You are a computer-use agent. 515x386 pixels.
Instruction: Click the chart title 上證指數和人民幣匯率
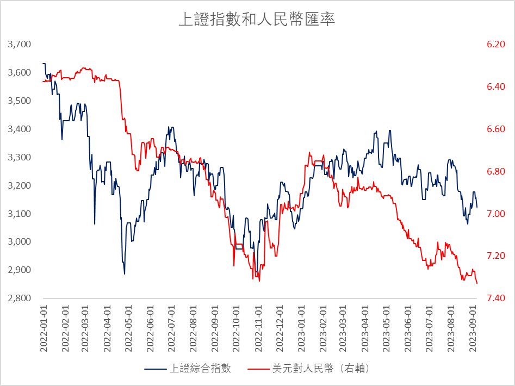257,20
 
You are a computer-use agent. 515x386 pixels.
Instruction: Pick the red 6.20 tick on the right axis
496,44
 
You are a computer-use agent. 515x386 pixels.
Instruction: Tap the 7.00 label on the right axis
496,214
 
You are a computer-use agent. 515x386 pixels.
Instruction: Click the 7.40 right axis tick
496,298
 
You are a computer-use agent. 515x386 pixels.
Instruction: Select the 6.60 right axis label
496,129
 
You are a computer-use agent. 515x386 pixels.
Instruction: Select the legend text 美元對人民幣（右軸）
321,369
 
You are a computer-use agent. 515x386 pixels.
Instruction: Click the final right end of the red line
477,283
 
